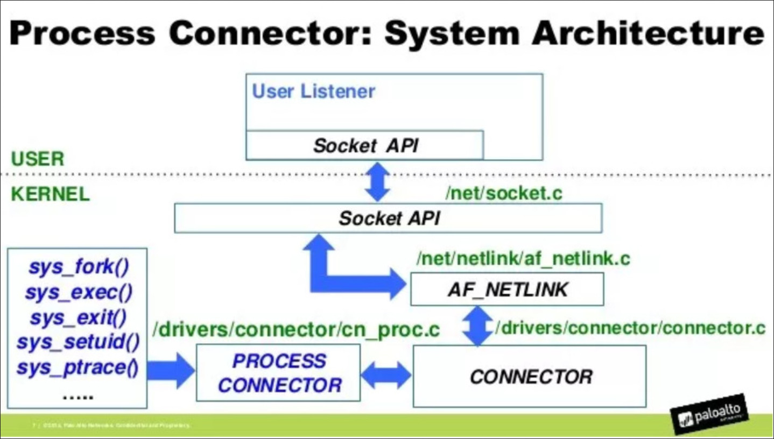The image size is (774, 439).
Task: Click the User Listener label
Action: [313, 91]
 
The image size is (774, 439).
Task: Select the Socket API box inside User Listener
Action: [365, 145]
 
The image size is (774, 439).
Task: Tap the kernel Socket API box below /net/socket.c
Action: [388, 218]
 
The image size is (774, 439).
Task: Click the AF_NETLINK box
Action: [506, 289]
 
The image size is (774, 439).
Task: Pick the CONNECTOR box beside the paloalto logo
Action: [530, 376]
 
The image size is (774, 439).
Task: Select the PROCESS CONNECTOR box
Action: [278, 373]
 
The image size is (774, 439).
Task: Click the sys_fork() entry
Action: [79, 267]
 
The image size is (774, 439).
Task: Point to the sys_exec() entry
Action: [79, 293]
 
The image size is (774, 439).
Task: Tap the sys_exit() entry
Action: [79, 318]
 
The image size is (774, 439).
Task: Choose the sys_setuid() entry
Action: [79, 343]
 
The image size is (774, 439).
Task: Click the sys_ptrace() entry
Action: [79, 368]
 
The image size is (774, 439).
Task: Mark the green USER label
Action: [38, 159]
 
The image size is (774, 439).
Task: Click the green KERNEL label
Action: [51, 194]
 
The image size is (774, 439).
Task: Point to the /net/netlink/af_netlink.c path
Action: [523, 259]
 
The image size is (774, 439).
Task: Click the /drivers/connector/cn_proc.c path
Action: [296, 330]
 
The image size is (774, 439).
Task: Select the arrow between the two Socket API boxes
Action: [379, 182]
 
